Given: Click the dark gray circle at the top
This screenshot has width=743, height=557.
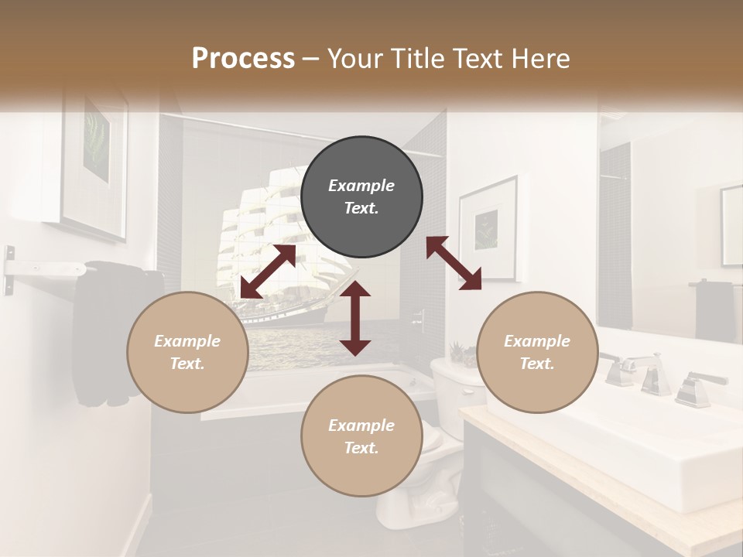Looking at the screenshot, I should (x=361, y=196).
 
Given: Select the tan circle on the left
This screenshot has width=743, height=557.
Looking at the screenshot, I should (x=187, y=352).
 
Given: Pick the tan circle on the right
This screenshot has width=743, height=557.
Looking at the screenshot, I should (x=537, y=352).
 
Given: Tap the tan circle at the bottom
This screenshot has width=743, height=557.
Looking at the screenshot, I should (x=361, y=436).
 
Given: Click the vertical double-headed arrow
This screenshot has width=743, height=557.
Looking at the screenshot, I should (x=355, y=318).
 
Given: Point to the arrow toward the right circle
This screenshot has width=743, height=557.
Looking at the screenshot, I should (x=454, y=263).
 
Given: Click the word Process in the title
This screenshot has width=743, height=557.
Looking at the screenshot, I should (x=243, y=58).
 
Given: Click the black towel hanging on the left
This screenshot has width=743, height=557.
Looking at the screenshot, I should (x=101, y=333).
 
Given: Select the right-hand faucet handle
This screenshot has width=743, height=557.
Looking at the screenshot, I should (x=697, y=387).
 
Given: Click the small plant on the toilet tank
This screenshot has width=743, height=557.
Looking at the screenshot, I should (x=459, y=354).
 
